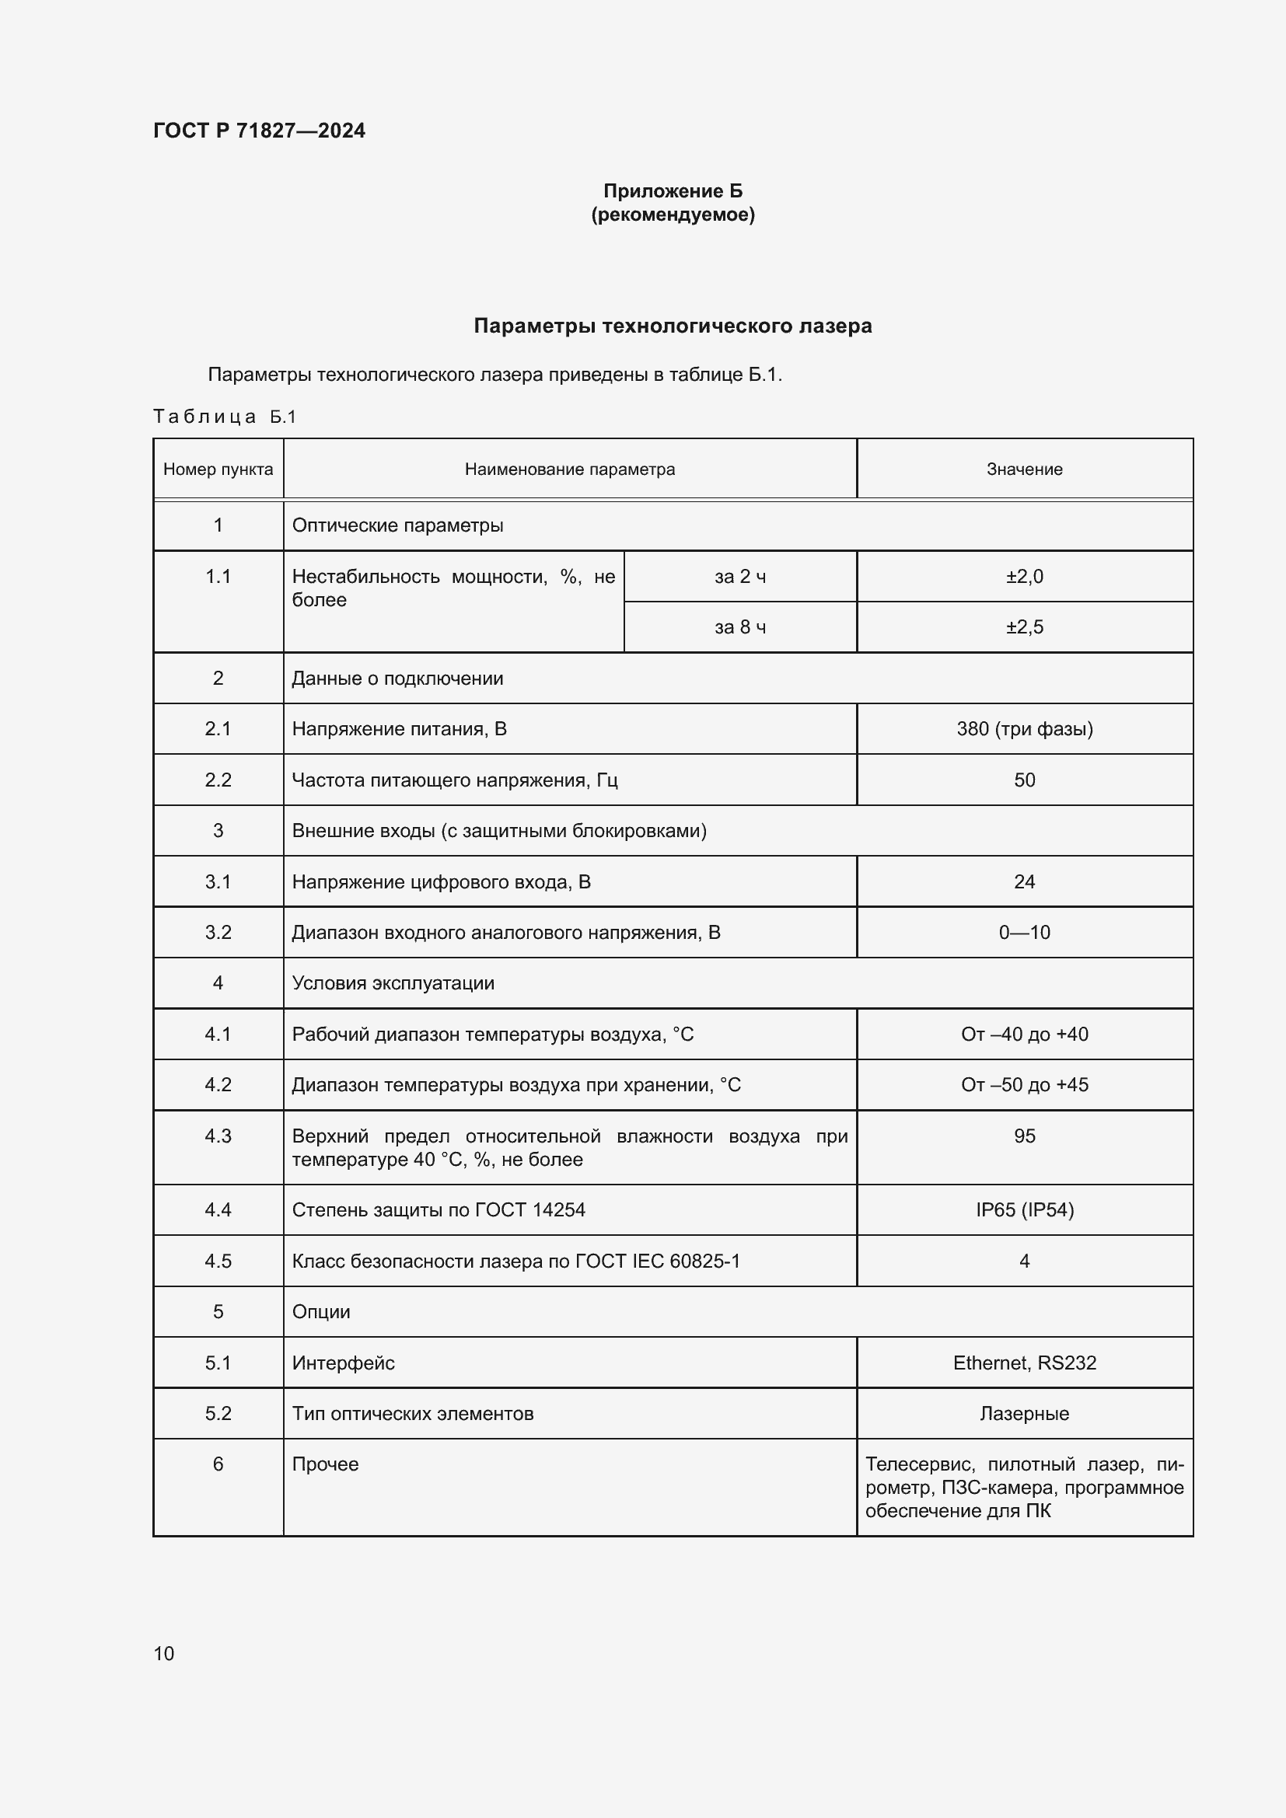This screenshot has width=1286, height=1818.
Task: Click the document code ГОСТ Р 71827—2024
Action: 259,131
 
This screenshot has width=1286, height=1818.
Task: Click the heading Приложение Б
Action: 673,191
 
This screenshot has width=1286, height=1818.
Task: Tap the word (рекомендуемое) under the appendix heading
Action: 673,215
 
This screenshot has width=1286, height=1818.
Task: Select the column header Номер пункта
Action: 218,469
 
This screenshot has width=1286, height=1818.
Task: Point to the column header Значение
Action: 1024,469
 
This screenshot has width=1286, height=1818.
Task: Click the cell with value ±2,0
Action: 1024,577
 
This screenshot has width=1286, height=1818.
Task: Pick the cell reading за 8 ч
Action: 739,627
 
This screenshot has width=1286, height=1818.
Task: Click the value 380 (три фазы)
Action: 1024,728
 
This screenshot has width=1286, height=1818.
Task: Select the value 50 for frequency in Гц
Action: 1024,780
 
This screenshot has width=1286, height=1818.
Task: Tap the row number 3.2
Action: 218,932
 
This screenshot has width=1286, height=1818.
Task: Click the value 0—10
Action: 1024,932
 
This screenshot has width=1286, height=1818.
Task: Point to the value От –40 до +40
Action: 1024,1034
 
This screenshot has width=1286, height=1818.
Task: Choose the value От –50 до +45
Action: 1024,1085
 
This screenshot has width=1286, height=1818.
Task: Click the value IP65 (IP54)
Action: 1024,1210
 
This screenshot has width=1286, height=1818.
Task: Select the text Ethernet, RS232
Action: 1024,1363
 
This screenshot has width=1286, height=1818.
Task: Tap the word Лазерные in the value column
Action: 1024,1413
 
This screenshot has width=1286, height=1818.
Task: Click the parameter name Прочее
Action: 325,1464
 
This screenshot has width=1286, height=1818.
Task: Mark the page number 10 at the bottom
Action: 164,1653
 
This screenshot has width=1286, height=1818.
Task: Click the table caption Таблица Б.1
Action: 224,417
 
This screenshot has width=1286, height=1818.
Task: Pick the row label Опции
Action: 320,1311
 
